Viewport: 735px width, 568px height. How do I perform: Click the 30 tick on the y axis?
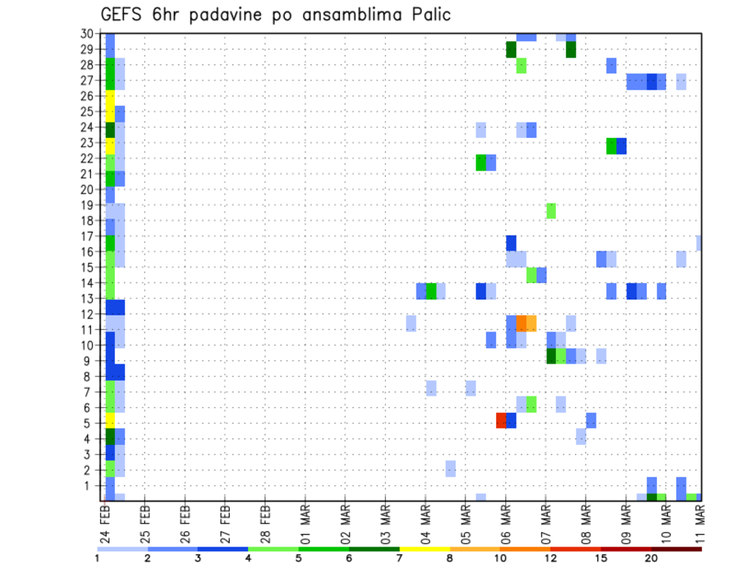coord(88,33)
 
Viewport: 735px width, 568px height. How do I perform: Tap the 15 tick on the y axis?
coord(88,267)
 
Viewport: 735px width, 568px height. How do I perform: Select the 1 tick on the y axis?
coord(91,485)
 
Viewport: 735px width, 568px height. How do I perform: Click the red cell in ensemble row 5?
coord(501,420)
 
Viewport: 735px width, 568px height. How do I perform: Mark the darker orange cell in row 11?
coord(521,322)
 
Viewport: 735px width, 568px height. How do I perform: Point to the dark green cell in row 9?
coord(551,356)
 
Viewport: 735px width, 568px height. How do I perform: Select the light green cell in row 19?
coord(551,211)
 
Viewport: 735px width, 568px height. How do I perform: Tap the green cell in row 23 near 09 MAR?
coord(611,145)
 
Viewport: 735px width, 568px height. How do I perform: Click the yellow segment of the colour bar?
coord(425,549)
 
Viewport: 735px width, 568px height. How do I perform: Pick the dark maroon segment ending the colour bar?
coord(675,549)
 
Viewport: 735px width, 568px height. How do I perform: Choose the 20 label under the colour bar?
coord(651,559)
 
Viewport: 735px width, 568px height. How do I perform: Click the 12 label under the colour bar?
coord(550,559)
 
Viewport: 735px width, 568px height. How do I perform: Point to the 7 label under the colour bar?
coord(400,559)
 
